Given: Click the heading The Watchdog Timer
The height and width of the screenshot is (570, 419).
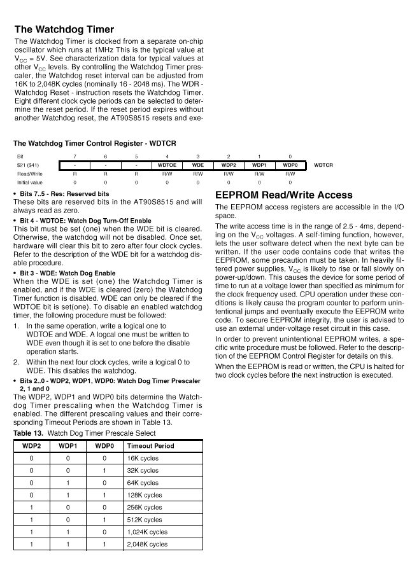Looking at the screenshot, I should click(64, 29).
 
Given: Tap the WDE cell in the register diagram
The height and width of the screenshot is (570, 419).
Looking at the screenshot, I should click(197, 165).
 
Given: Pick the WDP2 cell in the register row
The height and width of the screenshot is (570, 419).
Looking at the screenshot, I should click(229, 165).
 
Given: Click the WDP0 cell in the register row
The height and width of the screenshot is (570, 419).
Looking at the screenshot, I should click(290, 165).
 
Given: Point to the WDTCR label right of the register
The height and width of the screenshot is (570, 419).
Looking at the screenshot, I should click(324, 165).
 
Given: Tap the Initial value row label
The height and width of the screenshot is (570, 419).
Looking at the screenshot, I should click(30, 181).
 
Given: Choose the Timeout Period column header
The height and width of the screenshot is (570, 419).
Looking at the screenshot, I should click(151, 445).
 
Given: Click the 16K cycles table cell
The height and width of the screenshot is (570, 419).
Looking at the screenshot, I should click(143, 458).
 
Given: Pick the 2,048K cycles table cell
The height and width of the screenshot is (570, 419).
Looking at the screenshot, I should click(147, 544).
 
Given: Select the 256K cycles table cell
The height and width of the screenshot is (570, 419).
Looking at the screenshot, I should click(145, 507).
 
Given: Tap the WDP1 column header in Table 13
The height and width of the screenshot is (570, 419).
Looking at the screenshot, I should click(67, 445).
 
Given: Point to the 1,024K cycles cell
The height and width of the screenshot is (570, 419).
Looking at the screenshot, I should click(147, 532).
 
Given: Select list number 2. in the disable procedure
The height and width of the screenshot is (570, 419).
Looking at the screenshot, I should click(17, 362).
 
